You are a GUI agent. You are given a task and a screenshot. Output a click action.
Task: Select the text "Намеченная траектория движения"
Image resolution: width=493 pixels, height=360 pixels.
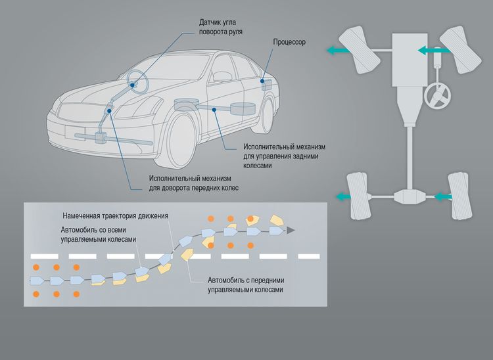tap(116, 216)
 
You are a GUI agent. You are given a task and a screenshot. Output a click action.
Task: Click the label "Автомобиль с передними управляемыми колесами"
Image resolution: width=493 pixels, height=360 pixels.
tap(246, 284)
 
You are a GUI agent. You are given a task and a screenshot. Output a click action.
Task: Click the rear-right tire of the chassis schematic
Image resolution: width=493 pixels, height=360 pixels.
tap(458, 195)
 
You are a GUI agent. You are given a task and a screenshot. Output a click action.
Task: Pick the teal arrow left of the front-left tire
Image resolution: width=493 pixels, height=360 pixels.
tap(339, 50)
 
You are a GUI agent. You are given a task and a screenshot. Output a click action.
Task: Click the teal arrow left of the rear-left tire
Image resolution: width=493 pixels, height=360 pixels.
tap(344, 196)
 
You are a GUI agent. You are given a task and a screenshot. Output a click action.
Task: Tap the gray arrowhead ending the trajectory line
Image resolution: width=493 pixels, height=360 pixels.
tap(291, 231)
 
